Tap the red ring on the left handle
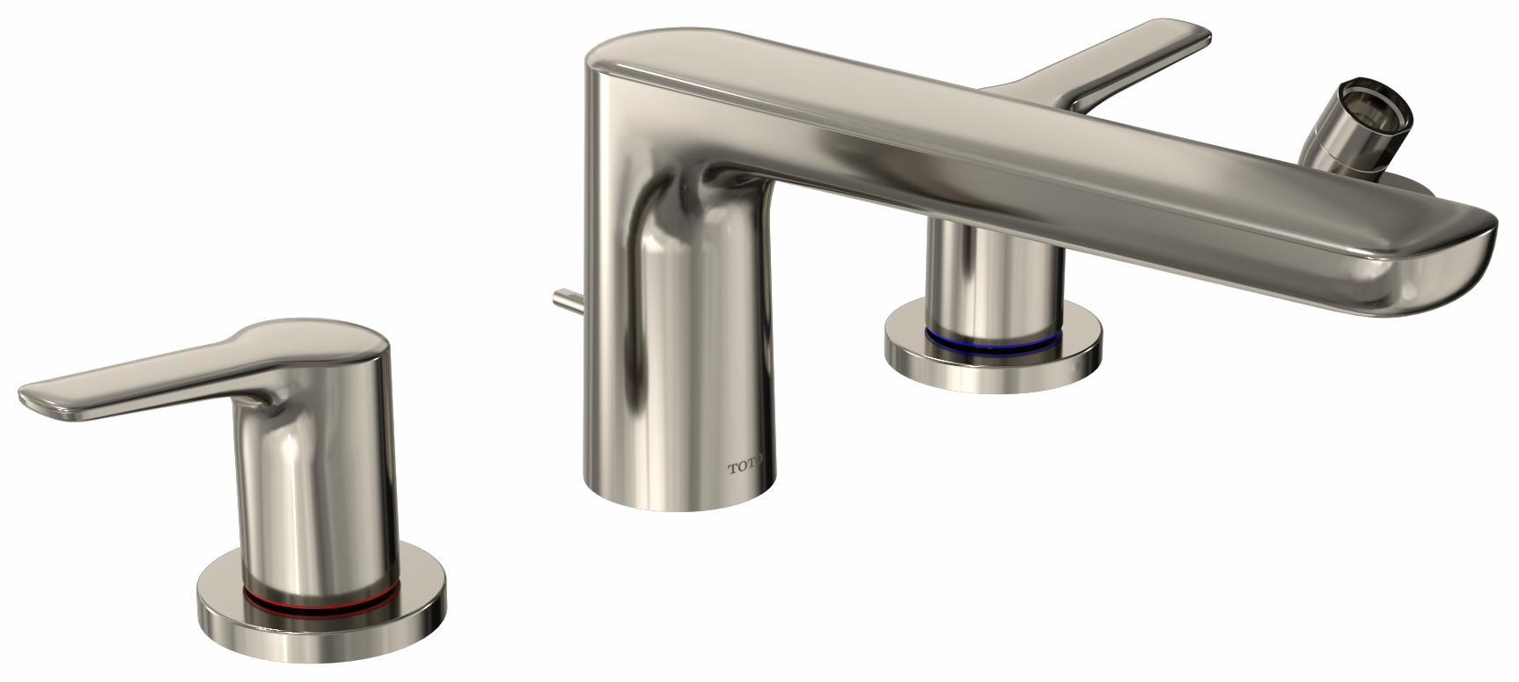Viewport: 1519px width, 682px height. [321, 600]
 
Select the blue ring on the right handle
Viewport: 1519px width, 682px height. [994, 335]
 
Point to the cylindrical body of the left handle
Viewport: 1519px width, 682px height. [317, 475]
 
